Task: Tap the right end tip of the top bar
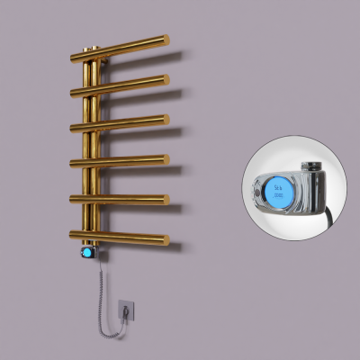(166, 39)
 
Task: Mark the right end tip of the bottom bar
(166, 238)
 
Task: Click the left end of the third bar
(73, 128)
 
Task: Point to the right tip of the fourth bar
(166, 159)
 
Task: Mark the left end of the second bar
(73, 91)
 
